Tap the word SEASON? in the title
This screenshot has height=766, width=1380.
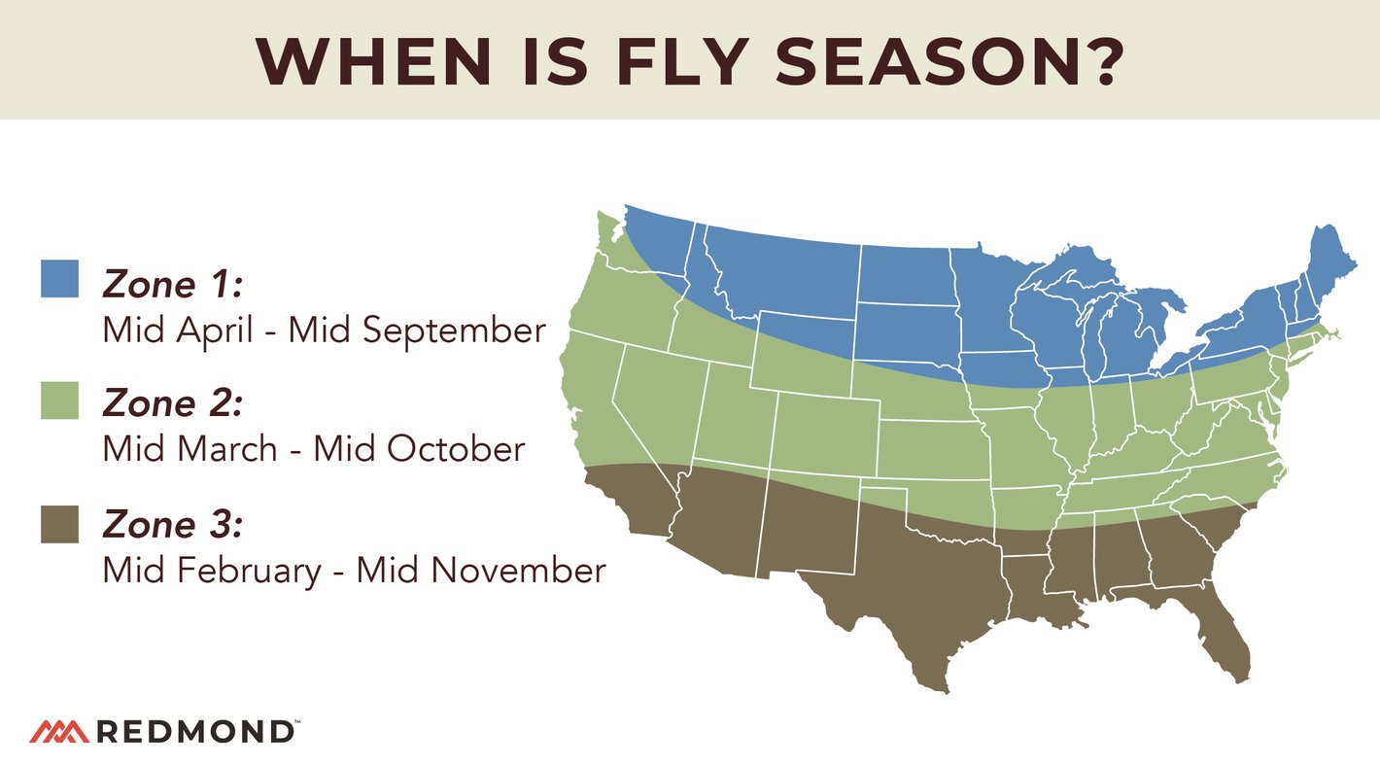pos(949,60)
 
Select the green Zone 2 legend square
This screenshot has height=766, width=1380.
pos(59,400)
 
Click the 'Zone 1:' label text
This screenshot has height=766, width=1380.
pos(172,285)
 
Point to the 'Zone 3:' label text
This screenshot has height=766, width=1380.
pos(172,525)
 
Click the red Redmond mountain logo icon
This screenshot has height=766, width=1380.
pos(59,730)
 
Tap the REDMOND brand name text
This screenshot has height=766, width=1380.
pos(194,731)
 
